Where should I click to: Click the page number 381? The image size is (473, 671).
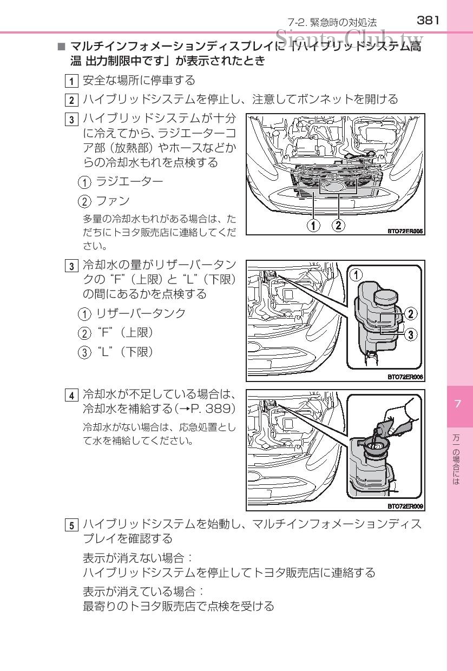428,21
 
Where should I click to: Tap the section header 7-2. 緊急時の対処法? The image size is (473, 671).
332,22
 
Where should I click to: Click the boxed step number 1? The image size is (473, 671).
71,81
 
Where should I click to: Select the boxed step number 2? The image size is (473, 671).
71,100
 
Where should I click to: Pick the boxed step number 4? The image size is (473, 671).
71,394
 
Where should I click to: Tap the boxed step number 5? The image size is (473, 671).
71,525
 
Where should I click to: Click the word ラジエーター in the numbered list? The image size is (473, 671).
129,181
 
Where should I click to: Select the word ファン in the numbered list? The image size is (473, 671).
113,201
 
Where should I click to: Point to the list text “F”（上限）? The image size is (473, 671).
124,332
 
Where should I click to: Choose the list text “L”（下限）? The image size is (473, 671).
124,352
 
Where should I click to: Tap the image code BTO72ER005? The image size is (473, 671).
405,231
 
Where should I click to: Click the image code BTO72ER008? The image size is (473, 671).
405,377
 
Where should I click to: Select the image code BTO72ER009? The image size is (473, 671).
405,506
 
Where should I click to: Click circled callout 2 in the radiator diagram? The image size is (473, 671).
338,225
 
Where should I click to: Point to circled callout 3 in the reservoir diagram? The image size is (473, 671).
411,334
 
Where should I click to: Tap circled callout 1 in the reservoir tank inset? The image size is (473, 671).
356,275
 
